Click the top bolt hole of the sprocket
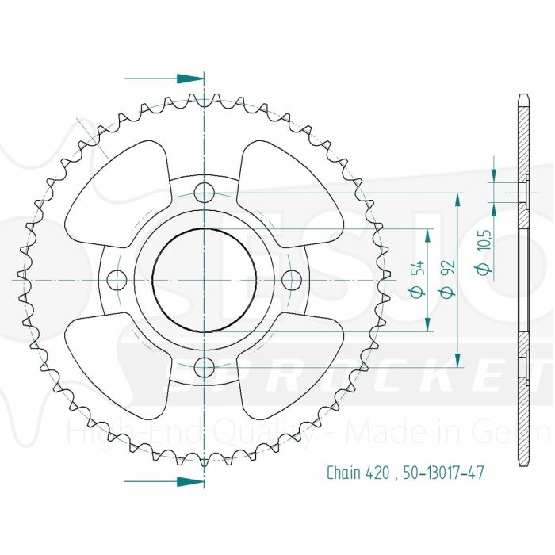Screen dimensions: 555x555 click(x=205, y=192)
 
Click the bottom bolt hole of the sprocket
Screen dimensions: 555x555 click(x=205, y=367)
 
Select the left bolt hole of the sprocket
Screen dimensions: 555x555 click(x=117, y=279)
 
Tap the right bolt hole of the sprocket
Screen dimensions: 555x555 click(x=293, y=279)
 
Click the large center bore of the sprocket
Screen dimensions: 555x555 click(x=205, y=280)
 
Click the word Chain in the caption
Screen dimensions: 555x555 click(x=345, y=473)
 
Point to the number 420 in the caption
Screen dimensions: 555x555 click(x=377, y=473)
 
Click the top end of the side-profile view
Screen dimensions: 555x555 click(x=522, y=98)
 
